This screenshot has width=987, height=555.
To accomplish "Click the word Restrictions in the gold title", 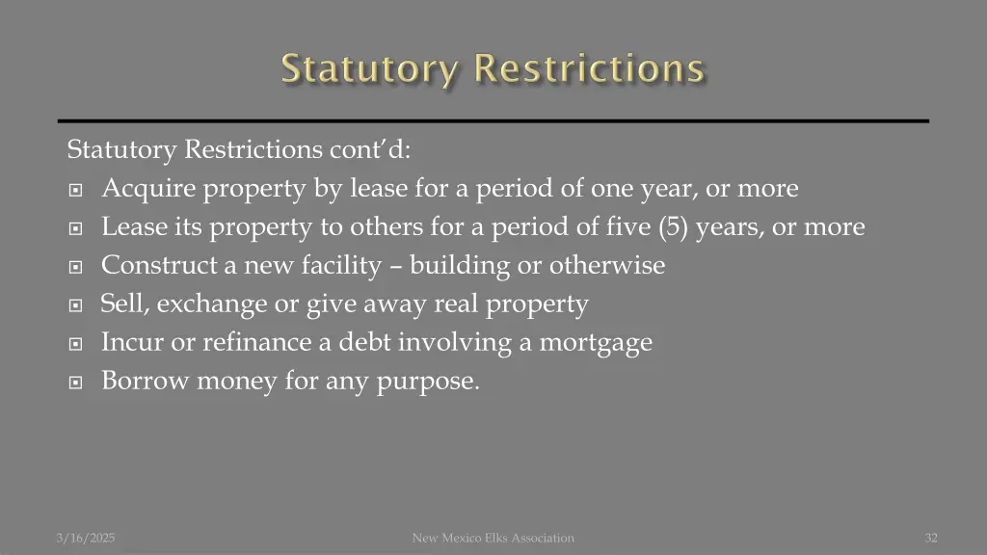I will (590, 69).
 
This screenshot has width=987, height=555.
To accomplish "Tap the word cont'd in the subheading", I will (370, 150).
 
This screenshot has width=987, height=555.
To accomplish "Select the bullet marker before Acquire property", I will (77, 190).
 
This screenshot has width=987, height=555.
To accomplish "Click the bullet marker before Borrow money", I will (77, 383).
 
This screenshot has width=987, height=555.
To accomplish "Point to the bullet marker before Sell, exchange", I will (77, 305).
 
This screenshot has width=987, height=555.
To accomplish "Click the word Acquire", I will (145, 189).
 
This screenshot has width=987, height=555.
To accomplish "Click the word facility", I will (342, 266).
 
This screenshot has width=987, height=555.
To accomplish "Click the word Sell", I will (123, 304).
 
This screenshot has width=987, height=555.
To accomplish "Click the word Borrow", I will (146, 382).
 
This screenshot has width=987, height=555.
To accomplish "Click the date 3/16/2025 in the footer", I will (85, 538).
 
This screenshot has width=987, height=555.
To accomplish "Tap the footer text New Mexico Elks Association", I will (493, 538).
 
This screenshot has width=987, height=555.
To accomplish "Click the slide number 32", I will (930, 538).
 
